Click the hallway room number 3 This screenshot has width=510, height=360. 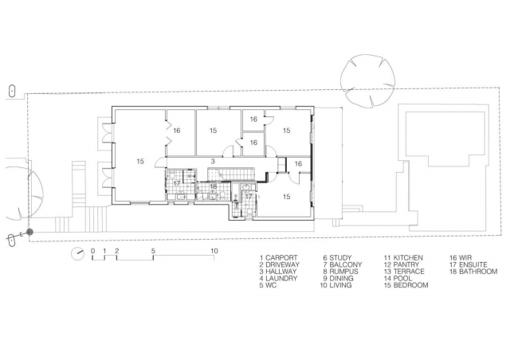213,162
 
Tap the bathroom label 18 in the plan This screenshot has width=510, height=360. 213,186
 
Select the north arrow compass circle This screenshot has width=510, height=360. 78,253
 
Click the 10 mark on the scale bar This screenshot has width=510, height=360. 214,251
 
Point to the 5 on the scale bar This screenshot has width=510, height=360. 153,251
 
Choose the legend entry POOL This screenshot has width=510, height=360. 402,279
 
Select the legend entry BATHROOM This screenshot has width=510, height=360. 478,272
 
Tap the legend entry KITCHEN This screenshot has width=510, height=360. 408,258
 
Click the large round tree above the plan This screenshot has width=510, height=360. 368,80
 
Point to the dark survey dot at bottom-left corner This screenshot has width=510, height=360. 29,232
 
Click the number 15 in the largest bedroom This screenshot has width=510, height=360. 140,162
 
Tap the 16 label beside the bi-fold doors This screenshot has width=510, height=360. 177,131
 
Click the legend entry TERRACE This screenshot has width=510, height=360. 409,272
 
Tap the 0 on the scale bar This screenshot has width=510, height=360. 92,251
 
